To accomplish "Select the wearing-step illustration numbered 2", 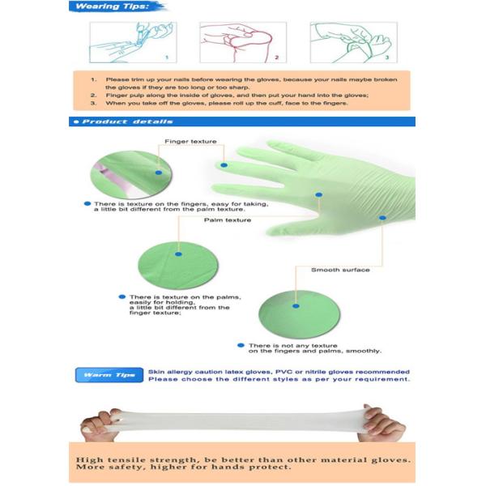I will point(238,41).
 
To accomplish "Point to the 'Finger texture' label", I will point(190,141).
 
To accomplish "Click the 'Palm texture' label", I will point(227,220).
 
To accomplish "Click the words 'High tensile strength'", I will point(139,459).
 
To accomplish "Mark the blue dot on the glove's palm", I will point(319,195).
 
